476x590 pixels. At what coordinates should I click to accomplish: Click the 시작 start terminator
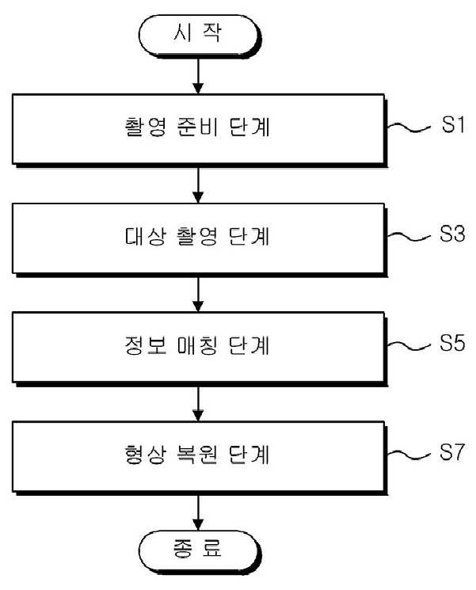[x=200, y=36]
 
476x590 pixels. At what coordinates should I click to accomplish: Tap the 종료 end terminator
[x=200, y=551]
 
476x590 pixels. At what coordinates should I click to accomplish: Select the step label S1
[x=453, y=124]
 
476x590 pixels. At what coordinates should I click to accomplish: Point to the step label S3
[x=452, y=234]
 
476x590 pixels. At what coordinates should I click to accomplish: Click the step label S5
[x=452, y=343]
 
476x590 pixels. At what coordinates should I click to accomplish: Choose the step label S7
[x=452, y=452]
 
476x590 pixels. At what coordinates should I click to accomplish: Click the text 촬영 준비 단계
[x=197, y=128]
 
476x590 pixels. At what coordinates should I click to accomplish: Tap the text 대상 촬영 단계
[x=197, y=236]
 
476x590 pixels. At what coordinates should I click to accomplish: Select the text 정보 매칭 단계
[x=197, y=345]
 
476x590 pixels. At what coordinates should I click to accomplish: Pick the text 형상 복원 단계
[x=197, y=455]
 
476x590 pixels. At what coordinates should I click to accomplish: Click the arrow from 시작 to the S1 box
[x=198, y=76]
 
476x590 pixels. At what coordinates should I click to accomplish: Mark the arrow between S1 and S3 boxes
[x=198, y=185]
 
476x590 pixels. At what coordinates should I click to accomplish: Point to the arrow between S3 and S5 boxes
[x=198, y=295]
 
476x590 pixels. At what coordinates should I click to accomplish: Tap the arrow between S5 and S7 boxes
[x=198, y=403]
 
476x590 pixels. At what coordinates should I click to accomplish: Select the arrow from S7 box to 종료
[x=198, y=512]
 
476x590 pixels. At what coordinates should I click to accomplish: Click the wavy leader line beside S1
[x=409, y=128]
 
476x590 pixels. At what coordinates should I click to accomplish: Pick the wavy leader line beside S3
[x=409, y=237]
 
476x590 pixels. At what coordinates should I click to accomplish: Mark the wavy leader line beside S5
[x=409, y=346]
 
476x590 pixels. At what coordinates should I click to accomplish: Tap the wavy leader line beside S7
[x=409, y=455]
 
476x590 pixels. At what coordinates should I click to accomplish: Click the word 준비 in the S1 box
[x=197, y=128]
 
